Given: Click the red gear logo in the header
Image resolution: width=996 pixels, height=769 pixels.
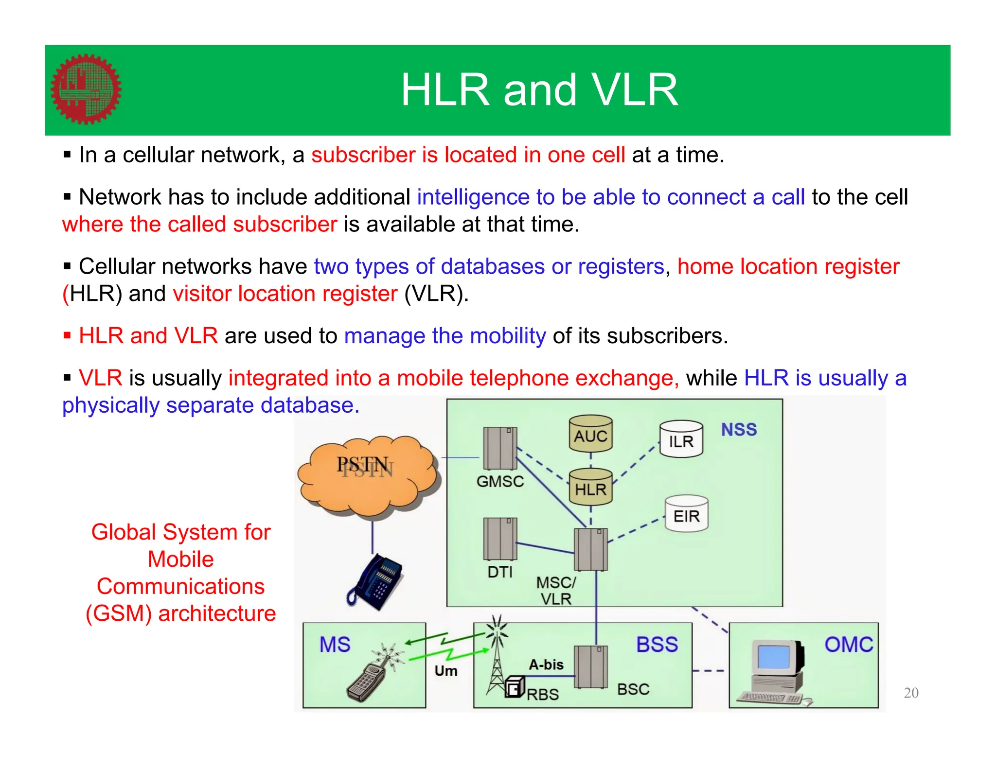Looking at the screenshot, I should (86, 89).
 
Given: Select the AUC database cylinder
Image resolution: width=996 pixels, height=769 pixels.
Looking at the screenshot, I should (590, 434).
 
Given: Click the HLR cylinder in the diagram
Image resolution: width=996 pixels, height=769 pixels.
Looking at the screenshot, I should (590, 487).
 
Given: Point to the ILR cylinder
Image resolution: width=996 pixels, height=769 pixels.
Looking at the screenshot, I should (681, 440).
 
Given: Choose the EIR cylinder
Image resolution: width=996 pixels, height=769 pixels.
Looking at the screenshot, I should (686, 514).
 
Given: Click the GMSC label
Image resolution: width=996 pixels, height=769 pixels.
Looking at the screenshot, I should (500, 481).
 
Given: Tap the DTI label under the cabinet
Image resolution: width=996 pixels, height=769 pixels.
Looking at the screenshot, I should (500, 572).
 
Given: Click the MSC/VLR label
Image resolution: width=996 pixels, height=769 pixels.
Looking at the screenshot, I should (556, 590).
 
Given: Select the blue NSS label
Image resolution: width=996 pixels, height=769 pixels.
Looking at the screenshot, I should (739, 430).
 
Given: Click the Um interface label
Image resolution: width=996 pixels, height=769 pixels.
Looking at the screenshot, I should (446, 671).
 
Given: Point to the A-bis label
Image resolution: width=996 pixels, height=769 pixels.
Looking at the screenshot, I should (546, 664).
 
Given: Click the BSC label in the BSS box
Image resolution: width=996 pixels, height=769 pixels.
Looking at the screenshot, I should (633, 689).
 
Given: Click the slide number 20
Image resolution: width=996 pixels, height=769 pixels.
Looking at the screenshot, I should (911, 693).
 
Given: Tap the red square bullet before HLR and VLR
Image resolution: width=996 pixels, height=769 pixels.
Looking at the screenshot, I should (68, 335).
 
